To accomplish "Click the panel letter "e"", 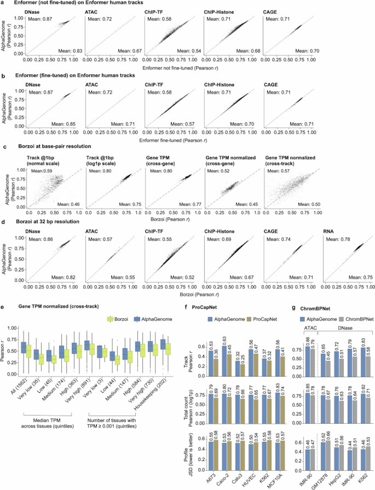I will [3, 306].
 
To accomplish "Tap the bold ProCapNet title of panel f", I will [203, 307].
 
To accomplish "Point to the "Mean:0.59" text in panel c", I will [42, 171].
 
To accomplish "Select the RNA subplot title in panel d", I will [328, 231].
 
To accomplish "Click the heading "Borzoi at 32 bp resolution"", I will [48, 222].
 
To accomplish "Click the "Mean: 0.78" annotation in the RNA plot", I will [337, 239].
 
